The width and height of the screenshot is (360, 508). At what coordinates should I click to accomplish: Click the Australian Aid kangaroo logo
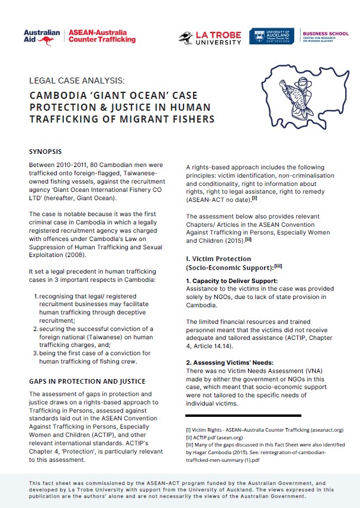[x=42, y=36]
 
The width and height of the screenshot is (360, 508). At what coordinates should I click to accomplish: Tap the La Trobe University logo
[x=210, y=37]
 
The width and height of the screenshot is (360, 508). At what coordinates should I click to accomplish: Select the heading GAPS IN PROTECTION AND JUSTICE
[x=87, y=381]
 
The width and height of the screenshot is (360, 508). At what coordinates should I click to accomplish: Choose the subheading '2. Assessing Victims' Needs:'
[x=229, y=361]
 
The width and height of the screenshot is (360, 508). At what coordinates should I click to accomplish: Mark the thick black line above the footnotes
[x=243, y=415]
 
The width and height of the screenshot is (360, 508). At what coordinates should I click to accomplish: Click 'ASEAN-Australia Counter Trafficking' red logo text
[x=102, y=36]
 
